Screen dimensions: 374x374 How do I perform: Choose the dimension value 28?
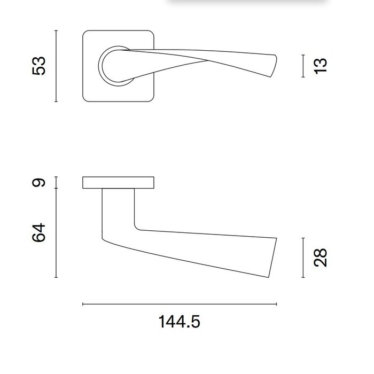point(320,258)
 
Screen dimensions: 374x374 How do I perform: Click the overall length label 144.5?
point(180,322)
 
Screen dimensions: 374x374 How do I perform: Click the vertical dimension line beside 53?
point(56,66)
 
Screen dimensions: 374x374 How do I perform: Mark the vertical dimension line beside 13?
point(303,66)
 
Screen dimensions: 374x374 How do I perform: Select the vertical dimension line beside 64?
point(56,233)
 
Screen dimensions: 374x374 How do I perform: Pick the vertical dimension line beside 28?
point(303,258)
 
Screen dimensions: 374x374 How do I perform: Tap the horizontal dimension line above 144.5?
point(180,304)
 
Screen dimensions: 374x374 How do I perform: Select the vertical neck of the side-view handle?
point(118,208)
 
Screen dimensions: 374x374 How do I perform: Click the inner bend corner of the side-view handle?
point(137,227)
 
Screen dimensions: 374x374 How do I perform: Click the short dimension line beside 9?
point(56,183)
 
